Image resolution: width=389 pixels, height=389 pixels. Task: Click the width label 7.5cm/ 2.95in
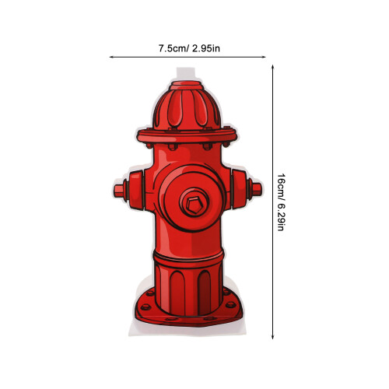click(x=189, y=48)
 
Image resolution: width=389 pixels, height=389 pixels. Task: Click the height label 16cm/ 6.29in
click(x=281, y=202)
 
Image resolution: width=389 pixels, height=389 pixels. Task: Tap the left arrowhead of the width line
click(x=110, y=57)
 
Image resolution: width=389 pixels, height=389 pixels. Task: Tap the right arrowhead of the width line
click(x=265, y=57)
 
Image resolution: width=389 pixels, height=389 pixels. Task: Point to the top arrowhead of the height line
click(x=272, y=67)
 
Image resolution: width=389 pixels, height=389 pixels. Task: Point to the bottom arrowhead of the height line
click(x=272, y=337)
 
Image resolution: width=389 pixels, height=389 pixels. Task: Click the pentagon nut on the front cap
click(x=194, y=203)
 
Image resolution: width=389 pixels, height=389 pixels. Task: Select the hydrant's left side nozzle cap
click(x=136, y=190)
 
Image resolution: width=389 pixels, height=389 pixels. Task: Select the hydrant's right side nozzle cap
click(x=239, y=189)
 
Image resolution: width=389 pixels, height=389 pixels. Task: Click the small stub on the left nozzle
click(x=118, y=191)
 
